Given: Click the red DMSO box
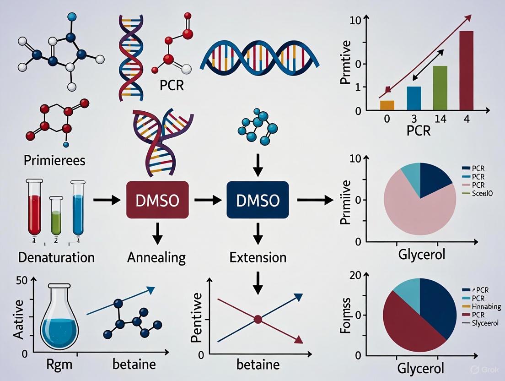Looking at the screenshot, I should tap(157, 200).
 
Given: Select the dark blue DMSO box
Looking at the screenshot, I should tap(258, 200).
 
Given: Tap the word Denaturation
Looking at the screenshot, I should tap(56, 257).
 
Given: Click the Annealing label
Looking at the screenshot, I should tap(157, 257).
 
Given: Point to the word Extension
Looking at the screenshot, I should tap(258, 257).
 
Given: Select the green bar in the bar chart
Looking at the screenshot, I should tap(440, 87).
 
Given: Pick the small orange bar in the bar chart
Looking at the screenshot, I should tap(387, 105).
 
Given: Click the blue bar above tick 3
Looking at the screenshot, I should tap(414, 98).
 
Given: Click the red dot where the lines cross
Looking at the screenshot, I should tap(258, 319).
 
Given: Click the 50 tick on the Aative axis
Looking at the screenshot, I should tap(21, 281).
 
